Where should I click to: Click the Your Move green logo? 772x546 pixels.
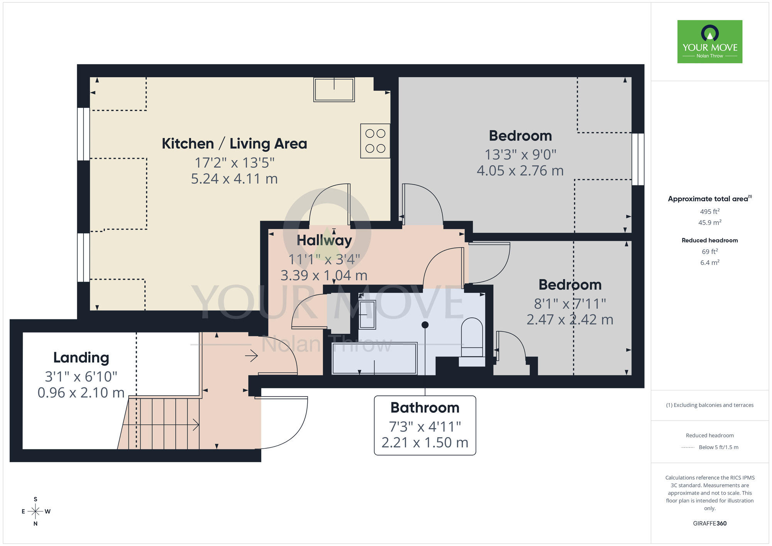709,42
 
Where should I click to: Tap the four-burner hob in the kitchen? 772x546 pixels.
375,141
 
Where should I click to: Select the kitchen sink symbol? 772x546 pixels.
334,90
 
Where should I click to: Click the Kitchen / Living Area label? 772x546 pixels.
234,144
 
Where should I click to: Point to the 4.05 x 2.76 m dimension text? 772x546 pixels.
520,171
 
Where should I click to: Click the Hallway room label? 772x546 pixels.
324,240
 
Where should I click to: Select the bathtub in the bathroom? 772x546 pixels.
374,358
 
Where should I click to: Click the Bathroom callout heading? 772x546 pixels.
425,408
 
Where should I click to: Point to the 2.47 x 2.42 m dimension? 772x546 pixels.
570,320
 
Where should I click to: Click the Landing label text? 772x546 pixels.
81,358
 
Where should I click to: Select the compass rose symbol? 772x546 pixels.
36,512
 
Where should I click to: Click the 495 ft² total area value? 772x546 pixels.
709,212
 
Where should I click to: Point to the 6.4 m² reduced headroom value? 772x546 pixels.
709,263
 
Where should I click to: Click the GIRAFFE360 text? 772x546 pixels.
709,524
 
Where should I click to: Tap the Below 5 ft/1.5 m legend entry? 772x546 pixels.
718,447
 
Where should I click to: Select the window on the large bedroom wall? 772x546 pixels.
638,159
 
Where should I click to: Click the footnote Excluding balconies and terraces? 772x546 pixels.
709,405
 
